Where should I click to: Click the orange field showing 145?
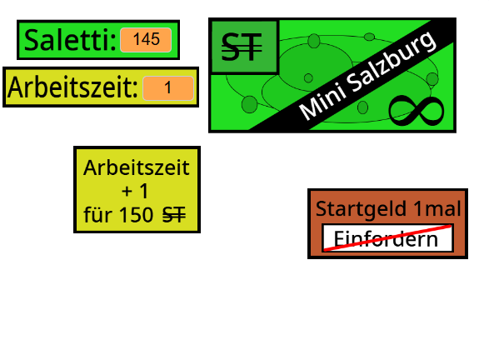(146, 40)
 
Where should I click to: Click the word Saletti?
(70, 40)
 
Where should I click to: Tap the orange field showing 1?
(168, 88)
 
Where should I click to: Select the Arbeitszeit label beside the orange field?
(72, 87)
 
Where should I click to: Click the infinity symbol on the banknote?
(417, 111)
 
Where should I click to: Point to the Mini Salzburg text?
(367, 76)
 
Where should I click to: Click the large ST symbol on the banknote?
(242, 47)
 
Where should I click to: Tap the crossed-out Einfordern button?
(387, 238)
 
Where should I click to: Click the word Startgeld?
(362, 208)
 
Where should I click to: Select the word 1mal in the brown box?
(437, 208)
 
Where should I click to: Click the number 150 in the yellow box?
(136, 215)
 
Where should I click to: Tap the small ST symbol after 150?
(174, 215)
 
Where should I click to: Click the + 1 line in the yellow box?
(135, 191)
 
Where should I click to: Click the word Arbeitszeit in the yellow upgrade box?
(137, 167)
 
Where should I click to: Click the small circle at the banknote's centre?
(308, 78)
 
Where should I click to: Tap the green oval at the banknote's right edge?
(432, 79)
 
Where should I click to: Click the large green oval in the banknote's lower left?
(249, 104)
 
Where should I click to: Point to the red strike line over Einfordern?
(387, 237)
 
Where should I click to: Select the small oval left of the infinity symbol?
(362, 107)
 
